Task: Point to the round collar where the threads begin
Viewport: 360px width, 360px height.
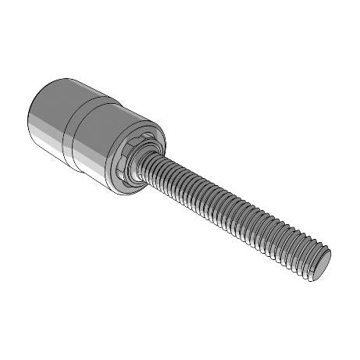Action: pos(149,161)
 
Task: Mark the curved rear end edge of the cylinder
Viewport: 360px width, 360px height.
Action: pos(31,125)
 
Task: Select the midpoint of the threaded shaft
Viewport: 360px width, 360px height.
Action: pos(234,211)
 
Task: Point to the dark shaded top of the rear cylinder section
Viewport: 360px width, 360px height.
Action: pos(66,87)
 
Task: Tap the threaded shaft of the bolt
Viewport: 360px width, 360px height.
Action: pos(234,211)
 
